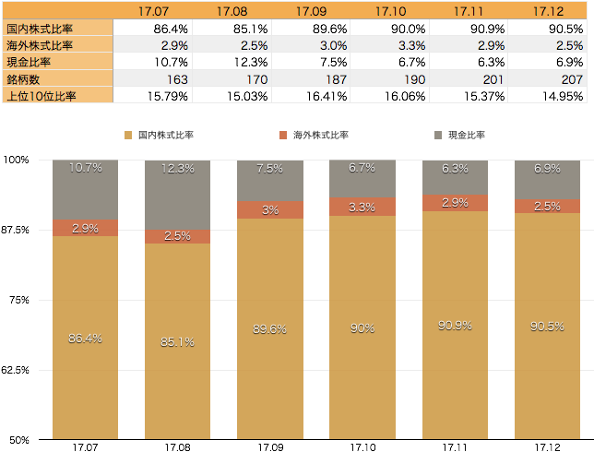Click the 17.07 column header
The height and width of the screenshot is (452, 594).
pyautogui.click(x=153, y=11)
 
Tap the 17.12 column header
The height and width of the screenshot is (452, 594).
pyautogui.click(x=548, y=11)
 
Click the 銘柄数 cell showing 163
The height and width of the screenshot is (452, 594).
pyautogui.click(x=153, y=78)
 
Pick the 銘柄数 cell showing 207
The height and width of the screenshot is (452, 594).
pyautogui.click(x=548, y=78)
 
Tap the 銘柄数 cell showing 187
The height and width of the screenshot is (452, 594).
pyautogui.click(x=311, y=78)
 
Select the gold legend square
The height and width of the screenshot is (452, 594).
pyautogui.click(x=128, y=136)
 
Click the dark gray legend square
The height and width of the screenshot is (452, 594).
pyautogui.click(x=438, y=136)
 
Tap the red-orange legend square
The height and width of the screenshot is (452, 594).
pyautogui.click(x=283, y=136)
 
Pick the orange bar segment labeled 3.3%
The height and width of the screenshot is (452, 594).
pyautogui.click(x=362, y=207)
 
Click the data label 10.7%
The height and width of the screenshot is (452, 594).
pyautogui.click(x=85, y=168)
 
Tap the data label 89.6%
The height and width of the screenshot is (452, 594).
pyautogui.click(x=270, y=327)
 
